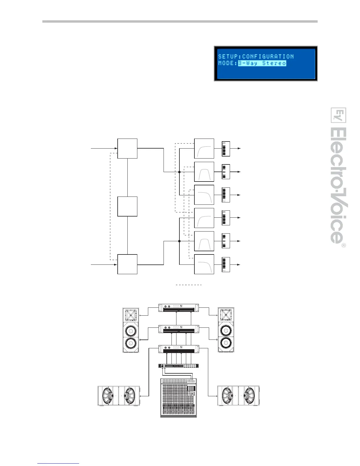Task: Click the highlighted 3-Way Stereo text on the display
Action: pyautogui.click(x=262, y=63)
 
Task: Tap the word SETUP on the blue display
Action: pyautogui.click(x=228, y=56)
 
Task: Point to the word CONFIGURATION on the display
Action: pyautogui.click(x=268, y=56)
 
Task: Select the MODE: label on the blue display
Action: pyautogui.click(x=228, y=63)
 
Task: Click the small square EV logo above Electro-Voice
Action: pyautogui.click(x=339, y=115)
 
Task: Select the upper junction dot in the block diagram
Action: pyautogui.click(x=179, y=172)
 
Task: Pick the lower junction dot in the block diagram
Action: pyautogui.click(x=179, y=241)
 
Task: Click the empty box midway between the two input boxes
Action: pyautogui.click(x=127, y=207)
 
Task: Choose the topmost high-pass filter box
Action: pyautogui.click(x=204, y=148)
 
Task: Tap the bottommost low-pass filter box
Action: pyautogui.click(x=204, y=264)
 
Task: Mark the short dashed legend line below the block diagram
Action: pyautogui.click(x=189, y=285)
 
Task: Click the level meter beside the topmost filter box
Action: pyautogui.click(x=226, y=149)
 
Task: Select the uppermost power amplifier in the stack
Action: pyautogui.click(x=179, y=307)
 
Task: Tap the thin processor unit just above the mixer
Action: pyautogui.click(x=179, y=366)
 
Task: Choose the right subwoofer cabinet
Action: pyautogui.click(x=238, y=396)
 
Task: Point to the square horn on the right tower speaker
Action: pyautogui.click(x=226, y=315)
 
